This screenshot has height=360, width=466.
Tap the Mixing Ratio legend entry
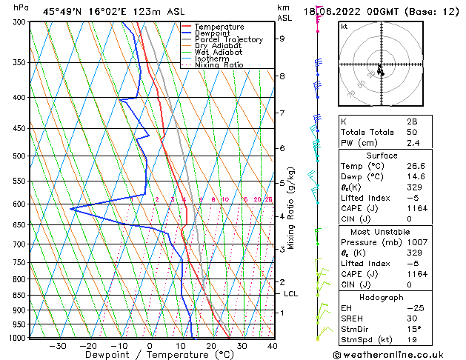(x=220, y=65)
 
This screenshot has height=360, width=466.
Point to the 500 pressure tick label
(x=19, y=156)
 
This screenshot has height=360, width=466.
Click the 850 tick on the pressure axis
(x=19, y=295)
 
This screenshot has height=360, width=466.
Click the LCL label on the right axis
(x=291, y=294)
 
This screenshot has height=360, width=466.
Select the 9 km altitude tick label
(x=282, y=39)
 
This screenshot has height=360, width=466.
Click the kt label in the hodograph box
(x=344, y=26)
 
